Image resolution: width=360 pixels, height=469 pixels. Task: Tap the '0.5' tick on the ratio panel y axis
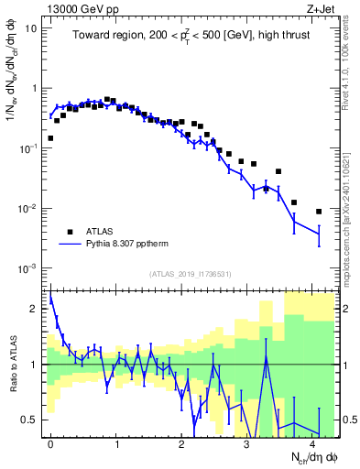(31, 420)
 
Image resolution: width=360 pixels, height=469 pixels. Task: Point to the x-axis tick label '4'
(313, 443)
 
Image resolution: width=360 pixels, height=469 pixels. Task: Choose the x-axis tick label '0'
(50, 443)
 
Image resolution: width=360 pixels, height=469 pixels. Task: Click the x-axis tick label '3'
(247, 443)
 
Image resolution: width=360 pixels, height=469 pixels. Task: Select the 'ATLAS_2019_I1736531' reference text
(190, 274)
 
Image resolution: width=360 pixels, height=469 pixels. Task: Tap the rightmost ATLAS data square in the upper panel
(319, 212)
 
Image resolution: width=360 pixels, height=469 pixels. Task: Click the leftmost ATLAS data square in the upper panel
(50, 138)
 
